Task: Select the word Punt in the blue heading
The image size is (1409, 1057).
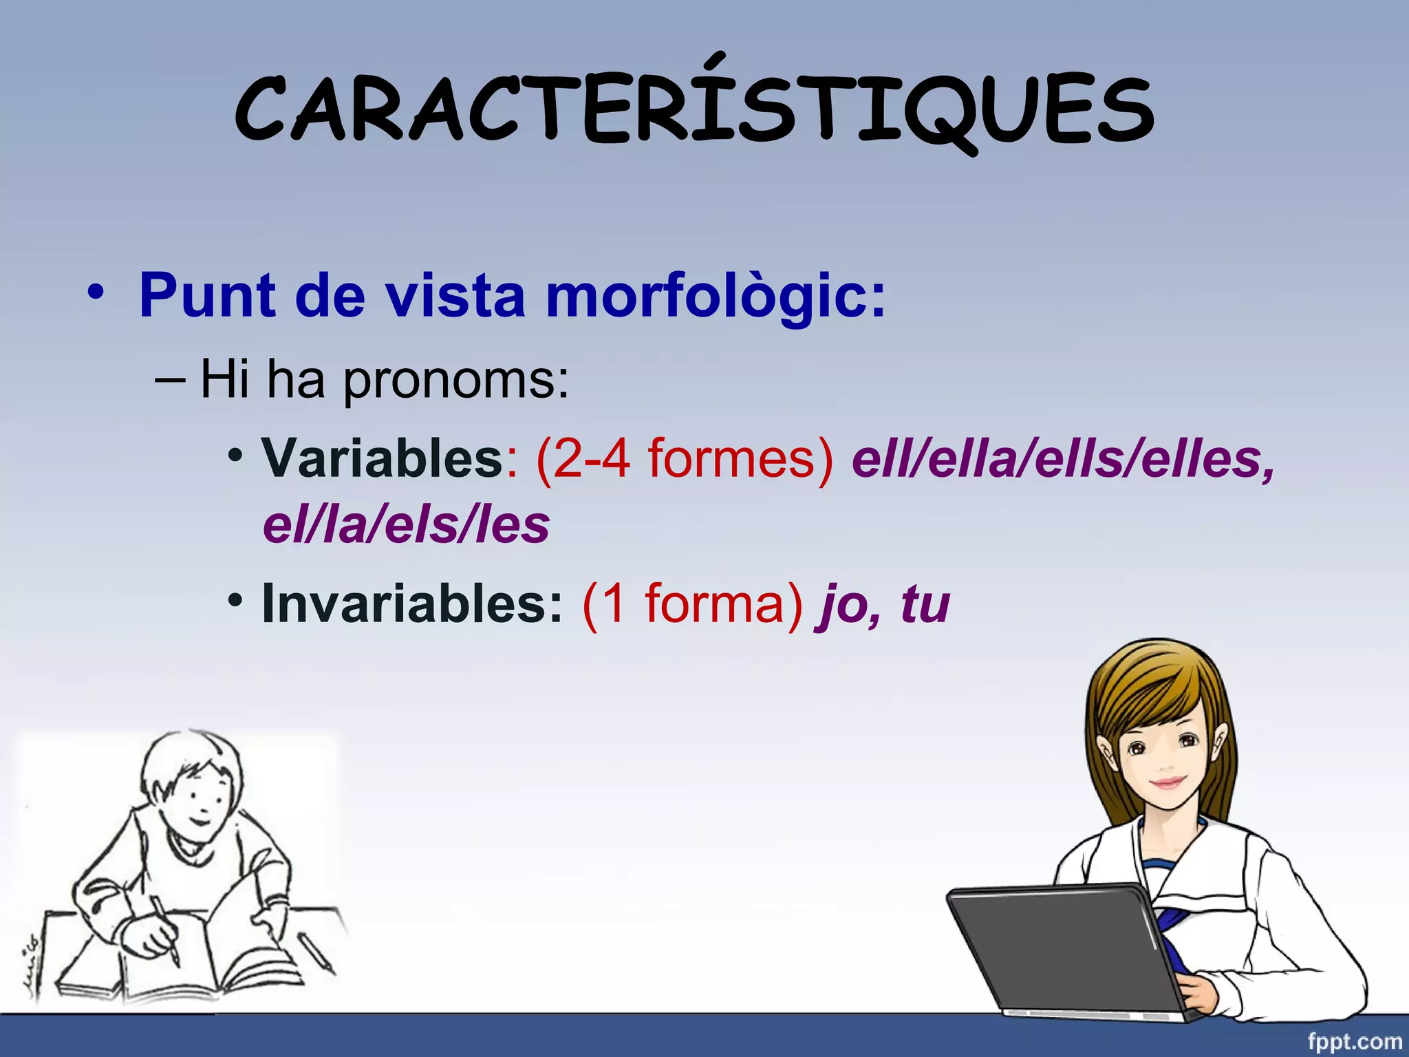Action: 207,296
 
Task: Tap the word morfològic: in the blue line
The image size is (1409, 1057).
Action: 716,297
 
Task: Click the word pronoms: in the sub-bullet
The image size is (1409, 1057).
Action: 456,380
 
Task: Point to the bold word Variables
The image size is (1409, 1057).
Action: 383,458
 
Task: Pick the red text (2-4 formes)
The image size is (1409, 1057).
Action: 685,459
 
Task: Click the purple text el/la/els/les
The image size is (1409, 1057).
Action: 406,525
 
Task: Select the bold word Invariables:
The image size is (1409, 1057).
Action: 412,604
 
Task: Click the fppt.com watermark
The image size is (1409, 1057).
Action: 1354,1041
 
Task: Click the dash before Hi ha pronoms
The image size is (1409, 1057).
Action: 169,380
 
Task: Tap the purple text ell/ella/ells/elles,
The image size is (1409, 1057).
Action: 1063,459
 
